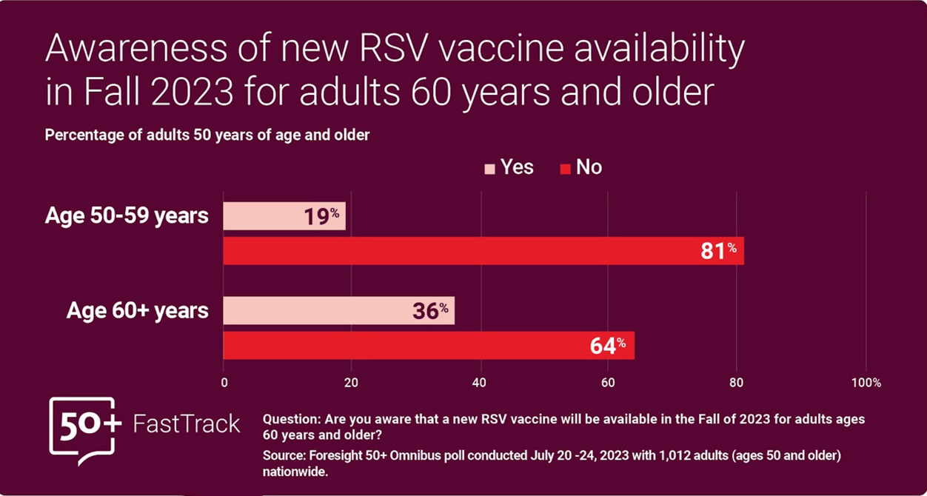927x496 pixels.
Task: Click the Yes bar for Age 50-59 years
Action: pos(284,216)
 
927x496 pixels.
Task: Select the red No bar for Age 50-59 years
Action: pos(483,251)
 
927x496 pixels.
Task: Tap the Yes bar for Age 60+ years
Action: pos(338,311)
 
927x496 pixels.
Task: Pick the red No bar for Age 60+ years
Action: pos(428,345)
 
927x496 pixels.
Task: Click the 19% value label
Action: pos(321,216)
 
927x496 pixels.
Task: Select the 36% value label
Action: pos(430,311)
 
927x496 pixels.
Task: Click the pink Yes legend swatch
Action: pos(489,169)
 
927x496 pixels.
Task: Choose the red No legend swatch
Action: pos(565,169)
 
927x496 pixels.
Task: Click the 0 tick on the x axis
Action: pos(224,383)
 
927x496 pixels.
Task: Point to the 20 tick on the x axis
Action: pos(351,383)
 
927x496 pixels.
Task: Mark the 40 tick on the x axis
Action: pos(481,383)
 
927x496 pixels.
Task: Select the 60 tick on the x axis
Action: pos(608,383)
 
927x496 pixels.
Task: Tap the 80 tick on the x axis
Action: pos(737,383)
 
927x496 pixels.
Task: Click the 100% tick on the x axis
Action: pos(866,383)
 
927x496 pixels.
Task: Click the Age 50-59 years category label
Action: pos(127,217)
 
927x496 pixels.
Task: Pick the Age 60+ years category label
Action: pos(137,311)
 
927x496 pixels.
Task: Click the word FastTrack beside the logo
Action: pos(187,424)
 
